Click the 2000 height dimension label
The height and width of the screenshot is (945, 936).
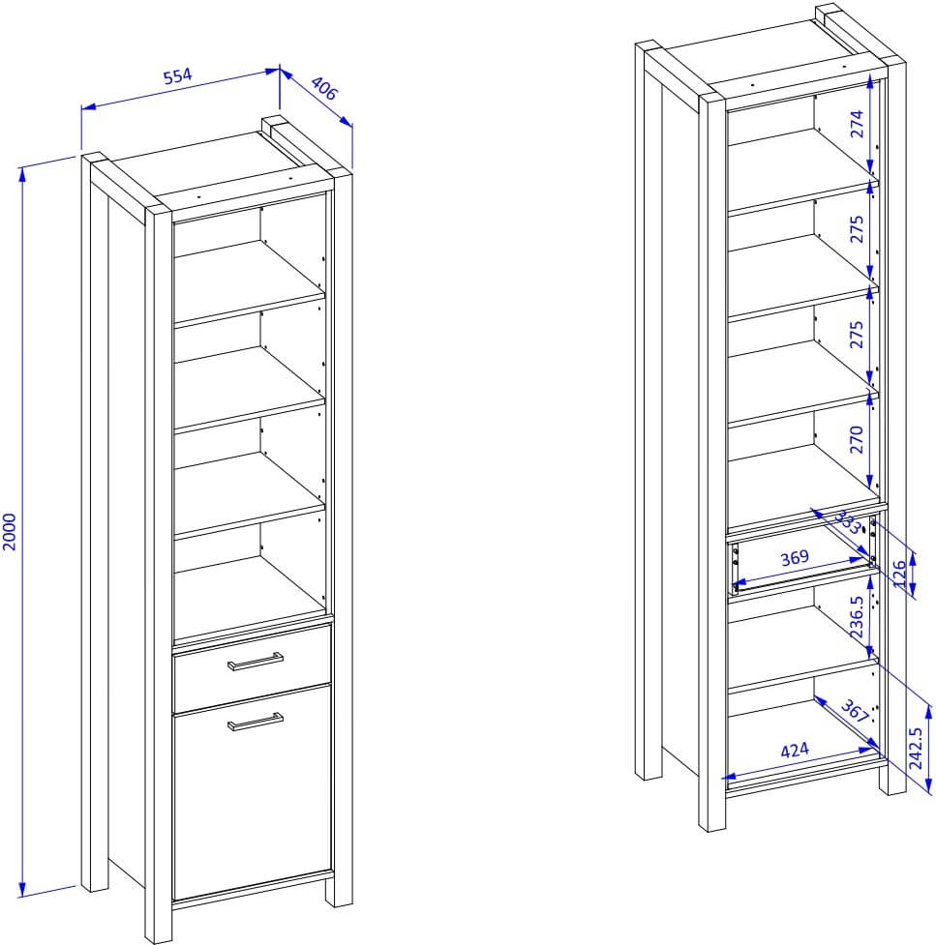[11, 532]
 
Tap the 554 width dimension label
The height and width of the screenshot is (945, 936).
[178, 76]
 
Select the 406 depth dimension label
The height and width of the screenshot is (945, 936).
[325, 89]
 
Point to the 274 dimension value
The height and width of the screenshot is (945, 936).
[857, 124]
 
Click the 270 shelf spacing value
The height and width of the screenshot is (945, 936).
[857, 439]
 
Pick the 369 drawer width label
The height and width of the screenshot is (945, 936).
[795, 557]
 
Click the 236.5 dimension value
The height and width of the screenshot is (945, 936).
[857, 616]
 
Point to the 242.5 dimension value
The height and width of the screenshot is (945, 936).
[916, 748]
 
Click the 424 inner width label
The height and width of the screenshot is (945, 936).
[795, 751]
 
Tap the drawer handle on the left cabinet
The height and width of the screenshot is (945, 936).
[256, 662]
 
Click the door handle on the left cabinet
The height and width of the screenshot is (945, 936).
[256, 722]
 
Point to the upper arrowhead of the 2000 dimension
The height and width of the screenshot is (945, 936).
[22, 174]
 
